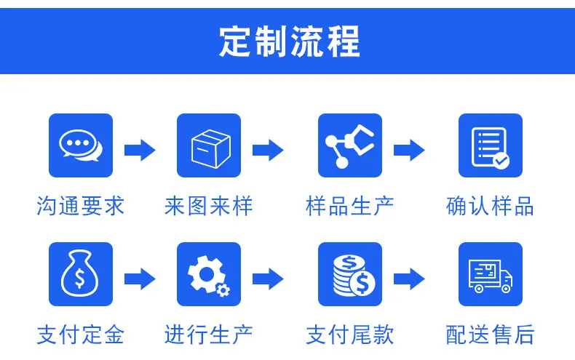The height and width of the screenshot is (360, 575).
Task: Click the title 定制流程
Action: tap(290, 41)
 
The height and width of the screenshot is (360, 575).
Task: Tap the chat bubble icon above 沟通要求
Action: tap(81, 145)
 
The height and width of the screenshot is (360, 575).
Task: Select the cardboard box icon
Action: tap(209, 145)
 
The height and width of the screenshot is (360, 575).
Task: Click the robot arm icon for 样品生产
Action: tap(350, 145)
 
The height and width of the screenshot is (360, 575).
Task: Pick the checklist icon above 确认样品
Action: tap(491, 145)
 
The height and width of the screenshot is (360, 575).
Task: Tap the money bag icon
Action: tap(81, 274)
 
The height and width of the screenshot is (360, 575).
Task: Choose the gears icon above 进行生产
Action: tap(209, 274)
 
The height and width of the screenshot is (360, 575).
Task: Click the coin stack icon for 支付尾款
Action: tap(350, 274)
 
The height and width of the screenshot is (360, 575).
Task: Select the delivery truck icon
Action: tap(491, 274)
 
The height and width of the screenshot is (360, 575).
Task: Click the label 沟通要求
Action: tap(81, 206)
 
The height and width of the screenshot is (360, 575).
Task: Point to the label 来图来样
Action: tap(209, 206)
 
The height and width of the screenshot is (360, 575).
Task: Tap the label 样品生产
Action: tap(350, 206)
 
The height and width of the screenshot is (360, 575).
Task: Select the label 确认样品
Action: tap(491, 206)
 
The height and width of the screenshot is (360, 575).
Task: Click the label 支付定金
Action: tap(81, 335)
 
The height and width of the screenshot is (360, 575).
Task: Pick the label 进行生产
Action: tap(209, 335)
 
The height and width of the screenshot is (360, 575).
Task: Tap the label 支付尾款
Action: tap(350, 335)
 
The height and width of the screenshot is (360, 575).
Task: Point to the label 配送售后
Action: tap(491, 335)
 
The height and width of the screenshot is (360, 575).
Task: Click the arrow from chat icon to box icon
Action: tap(140, 150)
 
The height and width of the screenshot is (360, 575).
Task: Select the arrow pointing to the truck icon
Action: tap(409, 279)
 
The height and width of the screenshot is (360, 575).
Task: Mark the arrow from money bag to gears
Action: tap(140, 279)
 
